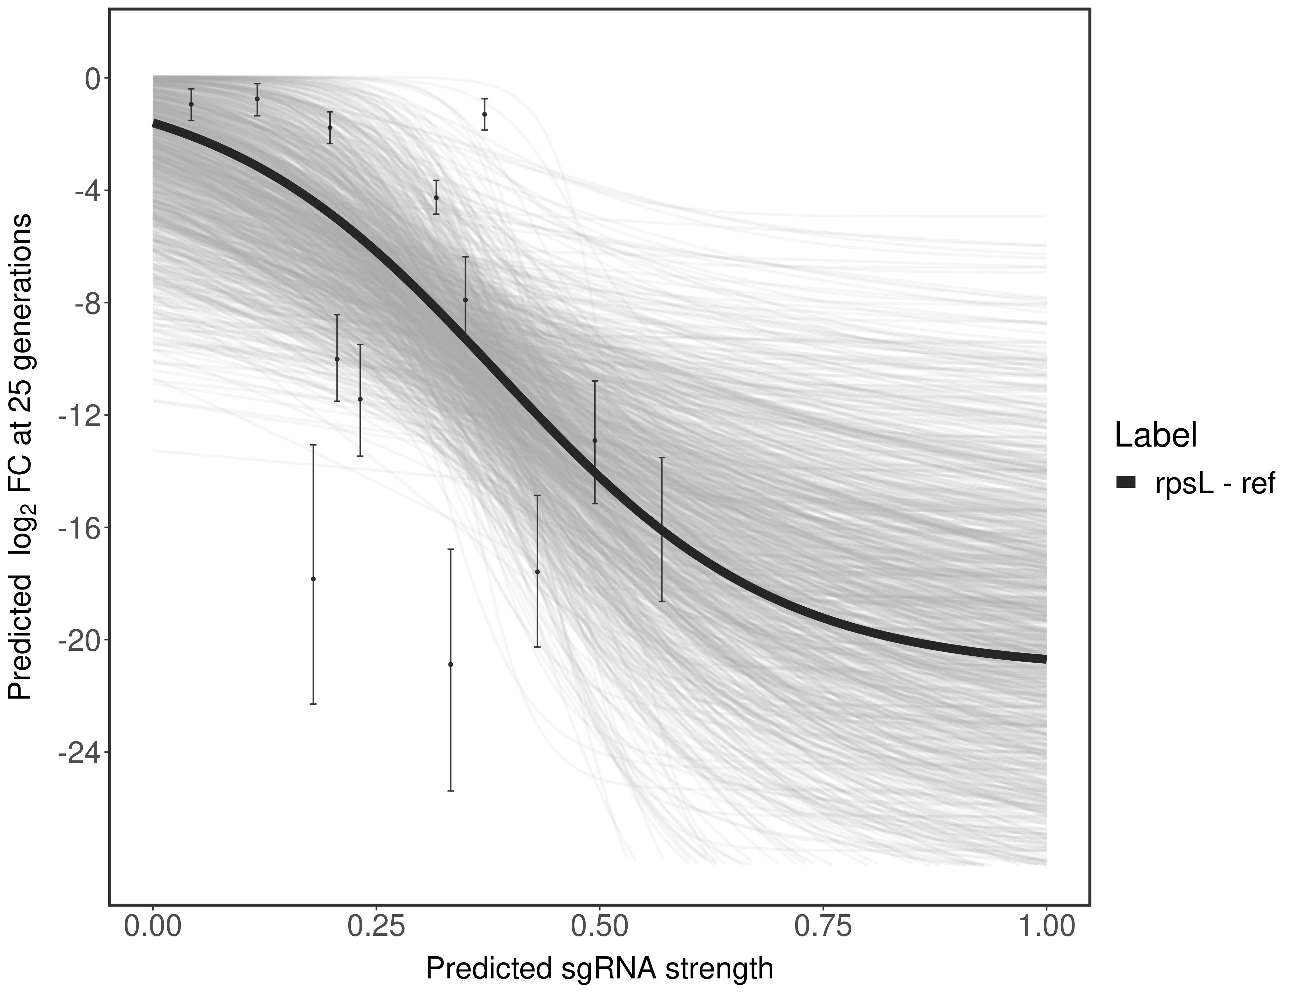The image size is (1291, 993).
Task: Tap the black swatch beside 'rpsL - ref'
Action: click(x=1126, y=483)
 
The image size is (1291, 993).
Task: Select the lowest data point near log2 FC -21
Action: click(x=451, y=664)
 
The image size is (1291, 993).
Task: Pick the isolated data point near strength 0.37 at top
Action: click(x=484, y=114)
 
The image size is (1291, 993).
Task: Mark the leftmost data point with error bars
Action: click(x=191, y=104)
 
